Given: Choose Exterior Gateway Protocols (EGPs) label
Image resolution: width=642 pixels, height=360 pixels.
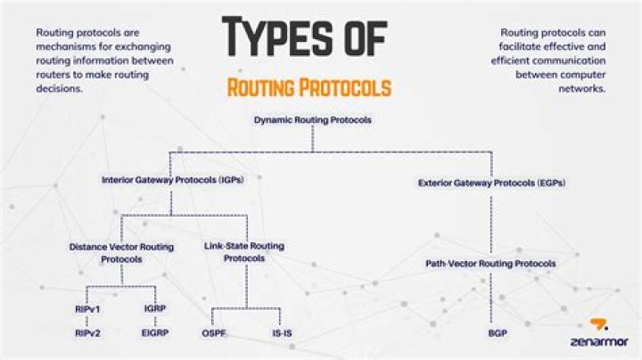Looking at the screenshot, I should click(491, 183).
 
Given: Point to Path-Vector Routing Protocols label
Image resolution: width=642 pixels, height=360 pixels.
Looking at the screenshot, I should click(490, 264).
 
